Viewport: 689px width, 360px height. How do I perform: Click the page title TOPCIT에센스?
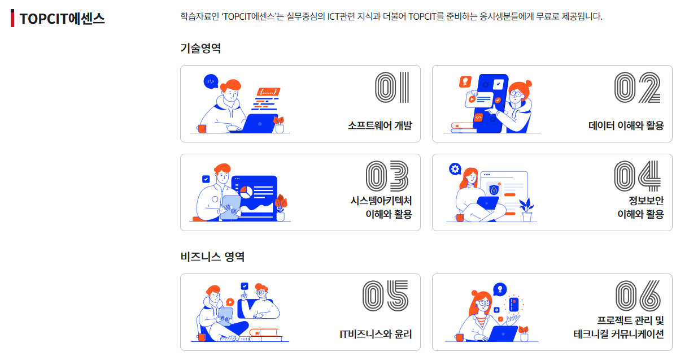coord(62,19)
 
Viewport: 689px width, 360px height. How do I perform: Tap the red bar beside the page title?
coord(12,18)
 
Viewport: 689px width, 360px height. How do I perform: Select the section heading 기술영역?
coord(200,48)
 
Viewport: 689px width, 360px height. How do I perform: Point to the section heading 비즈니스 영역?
coord(212,257)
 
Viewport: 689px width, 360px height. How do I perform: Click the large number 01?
coord(392,88)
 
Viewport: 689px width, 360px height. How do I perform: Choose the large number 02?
coord(637,88)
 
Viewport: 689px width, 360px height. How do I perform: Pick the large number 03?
coord(387,176)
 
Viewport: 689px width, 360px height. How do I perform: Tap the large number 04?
coord(637,176)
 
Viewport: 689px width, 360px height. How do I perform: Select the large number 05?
coord(385,296)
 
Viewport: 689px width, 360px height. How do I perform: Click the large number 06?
coord(638,296)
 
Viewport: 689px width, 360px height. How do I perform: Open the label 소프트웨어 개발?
coord(380,125)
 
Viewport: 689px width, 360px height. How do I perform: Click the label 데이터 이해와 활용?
coord(626,125)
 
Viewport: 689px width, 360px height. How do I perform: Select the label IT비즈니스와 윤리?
coord(376,334)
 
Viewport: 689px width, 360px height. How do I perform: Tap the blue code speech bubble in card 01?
coord(211,81)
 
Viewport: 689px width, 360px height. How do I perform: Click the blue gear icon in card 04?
coord(455,169)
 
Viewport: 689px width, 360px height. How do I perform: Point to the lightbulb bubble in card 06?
coord(500,289)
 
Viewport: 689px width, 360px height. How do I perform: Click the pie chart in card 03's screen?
coord(246,193)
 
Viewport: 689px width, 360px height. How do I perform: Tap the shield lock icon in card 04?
coord(494,189)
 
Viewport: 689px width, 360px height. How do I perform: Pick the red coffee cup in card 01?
coord(202,129)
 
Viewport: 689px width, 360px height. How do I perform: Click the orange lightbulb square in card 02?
coord(465,81)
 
